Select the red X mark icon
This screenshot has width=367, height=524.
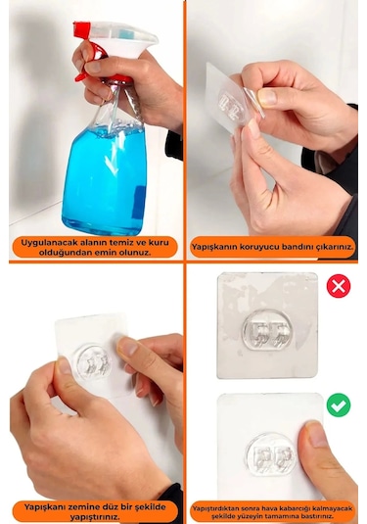click(338, 286)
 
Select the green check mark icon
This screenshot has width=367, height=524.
click(338, 405)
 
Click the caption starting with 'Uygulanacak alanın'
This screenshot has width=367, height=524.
click(94, 246)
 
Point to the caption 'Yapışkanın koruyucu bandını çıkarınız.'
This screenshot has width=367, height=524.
click(272, 246)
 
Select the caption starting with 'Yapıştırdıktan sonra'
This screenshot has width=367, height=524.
click(272, 509)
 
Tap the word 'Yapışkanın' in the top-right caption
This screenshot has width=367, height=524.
click(216, 246)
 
